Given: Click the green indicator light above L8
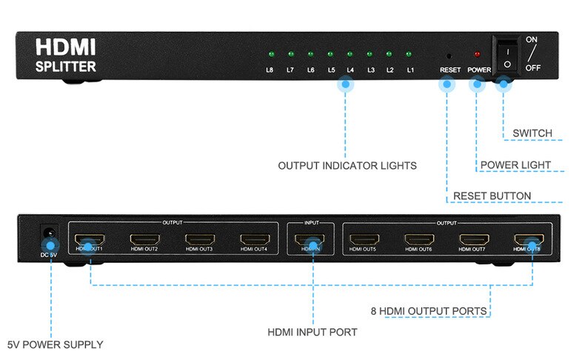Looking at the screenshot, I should pos(271,55).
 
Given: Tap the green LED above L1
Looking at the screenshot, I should pos(409,55).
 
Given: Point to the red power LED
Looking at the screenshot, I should pos(477,55).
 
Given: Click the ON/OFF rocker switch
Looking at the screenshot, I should pos(506,56).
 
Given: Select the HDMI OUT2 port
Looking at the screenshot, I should pos(144,240).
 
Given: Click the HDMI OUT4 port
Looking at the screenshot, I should pos(253,240).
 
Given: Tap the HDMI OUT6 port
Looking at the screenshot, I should pos(419,240).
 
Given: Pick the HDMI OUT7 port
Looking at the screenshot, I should pos(474,240).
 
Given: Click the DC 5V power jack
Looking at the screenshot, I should pos(49,233).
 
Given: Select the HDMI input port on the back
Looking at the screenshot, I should pos(310,240).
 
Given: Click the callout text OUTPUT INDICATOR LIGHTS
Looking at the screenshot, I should pos(347,165).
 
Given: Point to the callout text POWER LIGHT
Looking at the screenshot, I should pos(515,164).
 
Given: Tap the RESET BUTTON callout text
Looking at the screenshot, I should pos(492,196).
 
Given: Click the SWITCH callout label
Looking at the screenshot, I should pos(532,133).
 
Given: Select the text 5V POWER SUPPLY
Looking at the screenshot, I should pos(55,344).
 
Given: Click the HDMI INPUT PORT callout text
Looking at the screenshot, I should pos(312,332).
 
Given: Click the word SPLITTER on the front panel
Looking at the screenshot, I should pos(65,67).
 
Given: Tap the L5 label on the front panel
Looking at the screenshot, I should pos(332,70).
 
